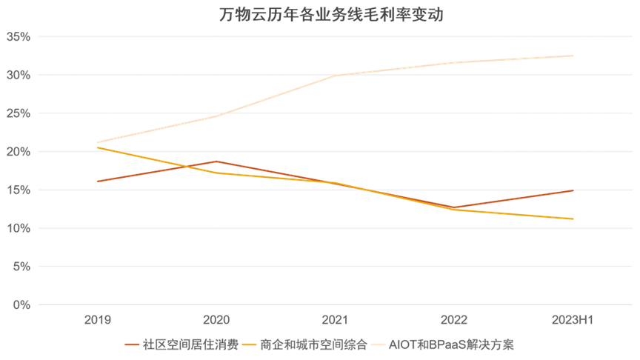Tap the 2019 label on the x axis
point(97,320)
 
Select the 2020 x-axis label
point(216,320)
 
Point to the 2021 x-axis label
point(335,320)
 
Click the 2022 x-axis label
point(453,320)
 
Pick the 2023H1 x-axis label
point(573,320)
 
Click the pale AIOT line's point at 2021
point(335,76)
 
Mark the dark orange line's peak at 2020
point(216,161)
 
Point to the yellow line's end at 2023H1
point(573,219)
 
